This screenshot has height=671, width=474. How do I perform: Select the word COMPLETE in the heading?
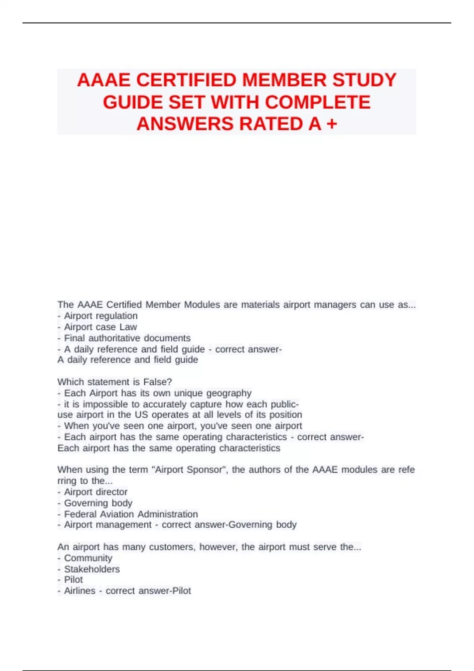[318, 102]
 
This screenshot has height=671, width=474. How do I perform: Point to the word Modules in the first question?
[202, 305]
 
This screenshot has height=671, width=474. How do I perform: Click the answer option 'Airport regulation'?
[101, 316]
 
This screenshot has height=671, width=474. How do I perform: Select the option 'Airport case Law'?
[100, 327]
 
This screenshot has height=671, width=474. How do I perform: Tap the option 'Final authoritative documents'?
[127, 338]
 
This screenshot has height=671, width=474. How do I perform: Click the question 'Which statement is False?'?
[115, 382]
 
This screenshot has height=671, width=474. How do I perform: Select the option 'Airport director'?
[96, 492]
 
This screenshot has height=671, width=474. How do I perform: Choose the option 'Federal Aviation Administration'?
[131, 514]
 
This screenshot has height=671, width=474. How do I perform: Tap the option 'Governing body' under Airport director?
[98, 503]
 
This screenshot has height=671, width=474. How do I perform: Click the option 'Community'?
[88, 558]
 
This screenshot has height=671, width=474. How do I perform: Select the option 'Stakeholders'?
[92, 569]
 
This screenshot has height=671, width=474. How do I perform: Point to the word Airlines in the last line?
[80, 591]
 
